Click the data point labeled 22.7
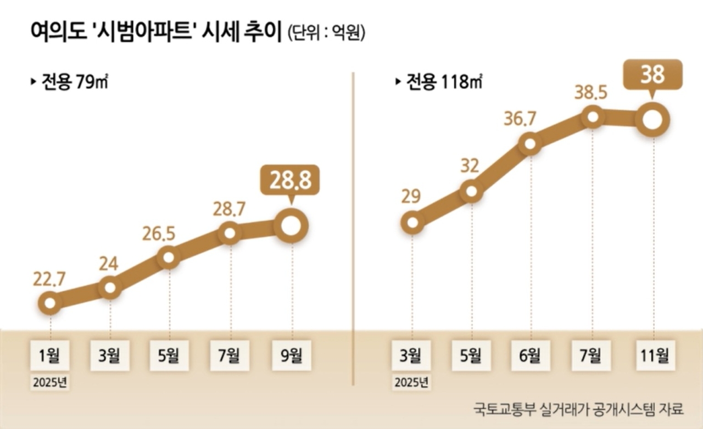click(x=50, y=303)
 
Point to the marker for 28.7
click(x=230, y=234)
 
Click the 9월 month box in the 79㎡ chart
click(x=292, y=356)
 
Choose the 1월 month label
click(x=51, y=356)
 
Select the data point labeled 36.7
click(x=531, y=144)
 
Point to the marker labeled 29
click(x=412, y=222)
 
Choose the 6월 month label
click(x=531, y=356)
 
